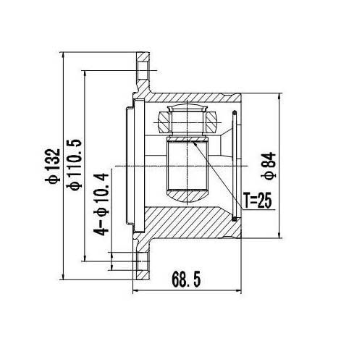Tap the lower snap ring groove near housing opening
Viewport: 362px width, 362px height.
[235, 216]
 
